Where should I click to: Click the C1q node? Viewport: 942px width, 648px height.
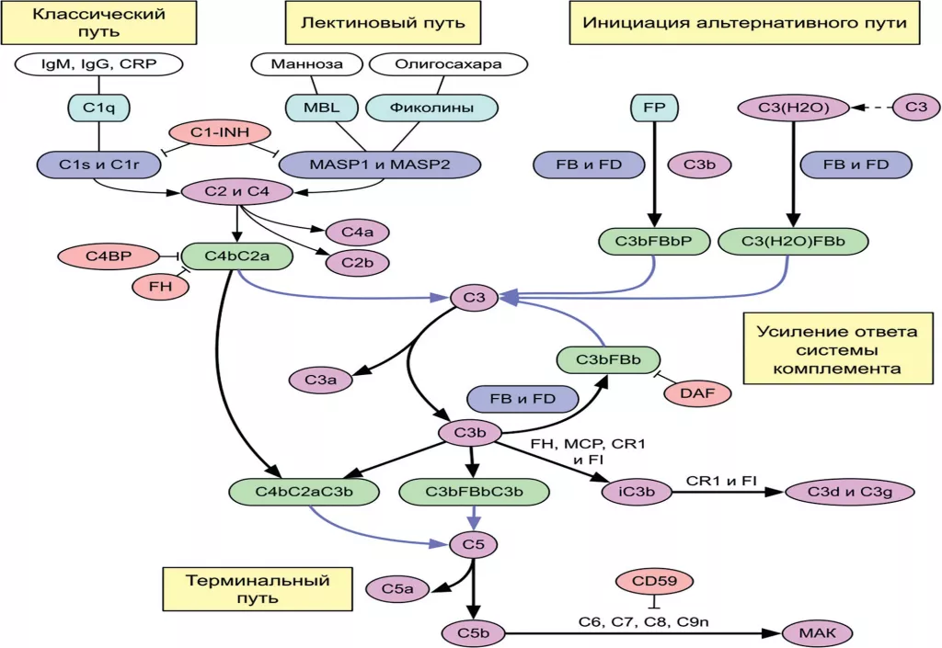click(x=98, y=108)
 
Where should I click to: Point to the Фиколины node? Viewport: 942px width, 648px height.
click(x=432, y=108)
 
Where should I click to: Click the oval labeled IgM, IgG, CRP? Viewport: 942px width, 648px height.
click(x=98, y=64)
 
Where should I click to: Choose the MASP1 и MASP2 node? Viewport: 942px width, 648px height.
click(x=380, y=165)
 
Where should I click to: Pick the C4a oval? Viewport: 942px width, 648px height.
click(x=350, y=232)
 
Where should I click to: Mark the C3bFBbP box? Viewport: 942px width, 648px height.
click(x=652, y=242)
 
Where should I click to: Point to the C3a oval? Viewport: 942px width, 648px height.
click(x=316, y=378)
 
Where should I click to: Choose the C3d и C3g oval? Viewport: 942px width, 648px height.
click(x=851, y=492)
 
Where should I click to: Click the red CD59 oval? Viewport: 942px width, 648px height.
click(x=654, y=582)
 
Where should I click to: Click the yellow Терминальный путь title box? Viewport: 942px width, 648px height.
click(x=246, y=589)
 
